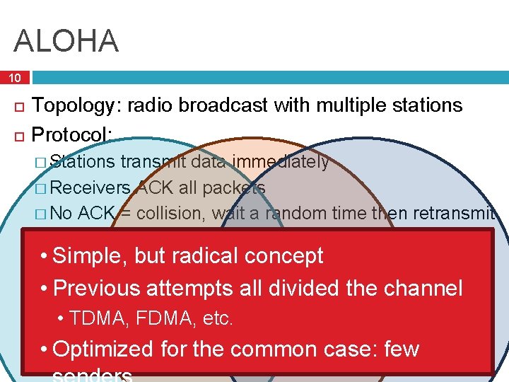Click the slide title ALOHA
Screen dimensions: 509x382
[x=66, y=40]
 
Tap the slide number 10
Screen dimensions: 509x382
[x=15, y=77]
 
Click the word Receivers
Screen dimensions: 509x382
[x=91, y=188]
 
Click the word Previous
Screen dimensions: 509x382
[x=99, y=288]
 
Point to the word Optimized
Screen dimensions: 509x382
[x=103, y=349]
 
